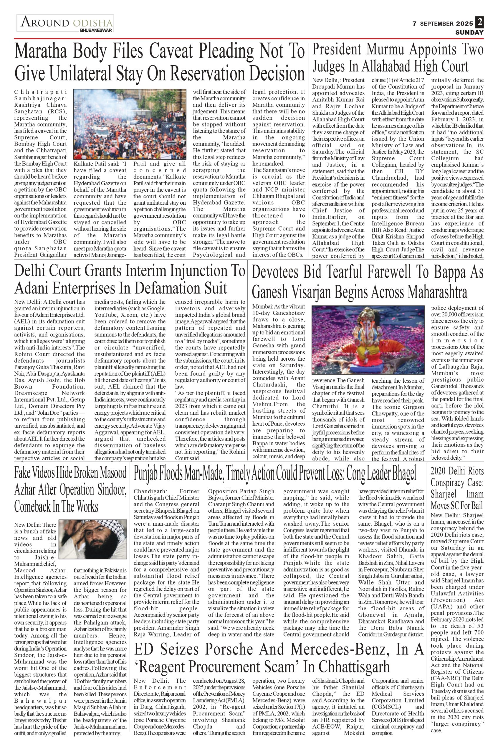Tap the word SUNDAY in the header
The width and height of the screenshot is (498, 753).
click(x=469, y=33)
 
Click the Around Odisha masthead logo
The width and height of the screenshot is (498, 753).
click(x=65, y=23)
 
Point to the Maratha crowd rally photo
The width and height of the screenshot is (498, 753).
click(x=130, y=124)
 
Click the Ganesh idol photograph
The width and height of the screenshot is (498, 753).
click(x=368, y=340)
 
